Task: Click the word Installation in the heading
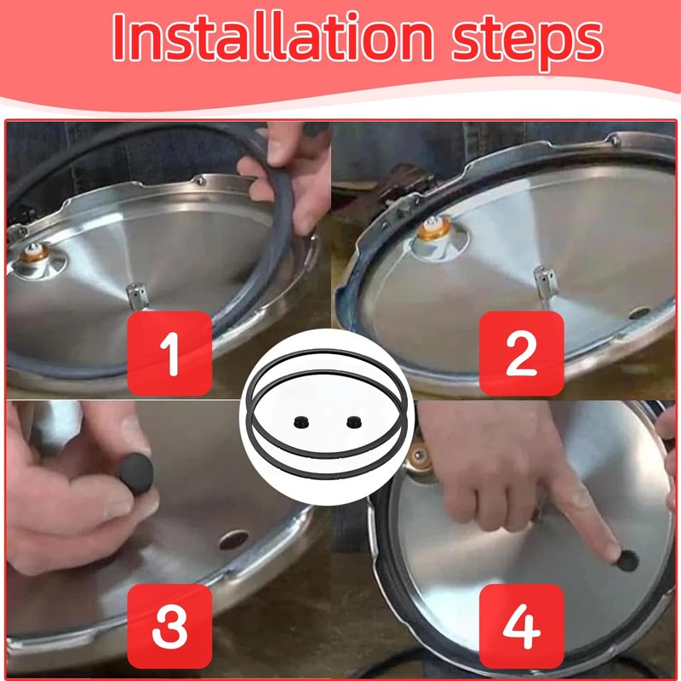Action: (272, 37)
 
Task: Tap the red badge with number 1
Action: (169, 353)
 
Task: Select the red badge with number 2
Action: (522, 353)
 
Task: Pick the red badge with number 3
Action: (169, 627)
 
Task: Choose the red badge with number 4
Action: (522, 627)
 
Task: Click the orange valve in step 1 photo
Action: (33, 253)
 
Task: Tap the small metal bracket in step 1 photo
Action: (137, 295)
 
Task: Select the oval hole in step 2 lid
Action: (640, 312)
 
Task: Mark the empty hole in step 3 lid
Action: (233, 540)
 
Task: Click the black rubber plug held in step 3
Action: (137, 474)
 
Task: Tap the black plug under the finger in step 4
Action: (627, 561)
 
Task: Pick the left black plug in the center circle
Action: (301, 421)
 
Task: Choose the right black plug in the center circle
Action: (354, 421)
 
